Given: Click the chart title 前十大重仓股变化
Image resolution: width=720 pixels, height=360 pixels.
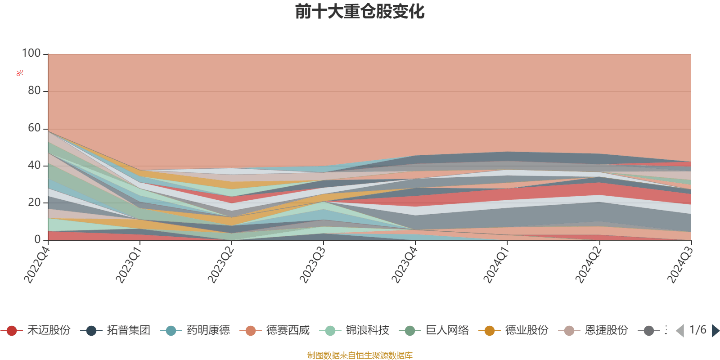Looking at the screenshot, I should point(360,12).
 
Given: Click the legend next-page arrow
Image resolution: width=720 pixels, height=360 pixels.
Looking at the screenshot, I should point(715,331).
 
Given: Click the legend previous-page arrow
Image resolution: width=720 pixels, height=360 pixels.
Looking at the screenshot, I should point(680,331).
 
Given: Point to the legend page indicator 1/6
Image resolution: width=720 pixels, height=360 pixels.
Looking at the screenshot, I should point(697,330).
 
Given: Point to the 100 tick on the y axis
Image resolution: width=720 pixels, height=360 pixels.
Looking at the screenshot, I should point(31,54).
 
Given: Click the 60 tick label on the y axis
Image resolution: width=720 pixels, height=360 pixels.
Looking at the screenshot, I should point(34,128).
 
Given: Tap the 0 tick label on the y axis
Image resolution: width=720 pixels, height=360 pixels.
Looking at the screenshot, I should point(38,240).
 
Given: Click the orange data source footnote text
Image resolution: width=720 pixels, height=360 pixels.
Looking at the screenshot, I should point(360,355).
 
